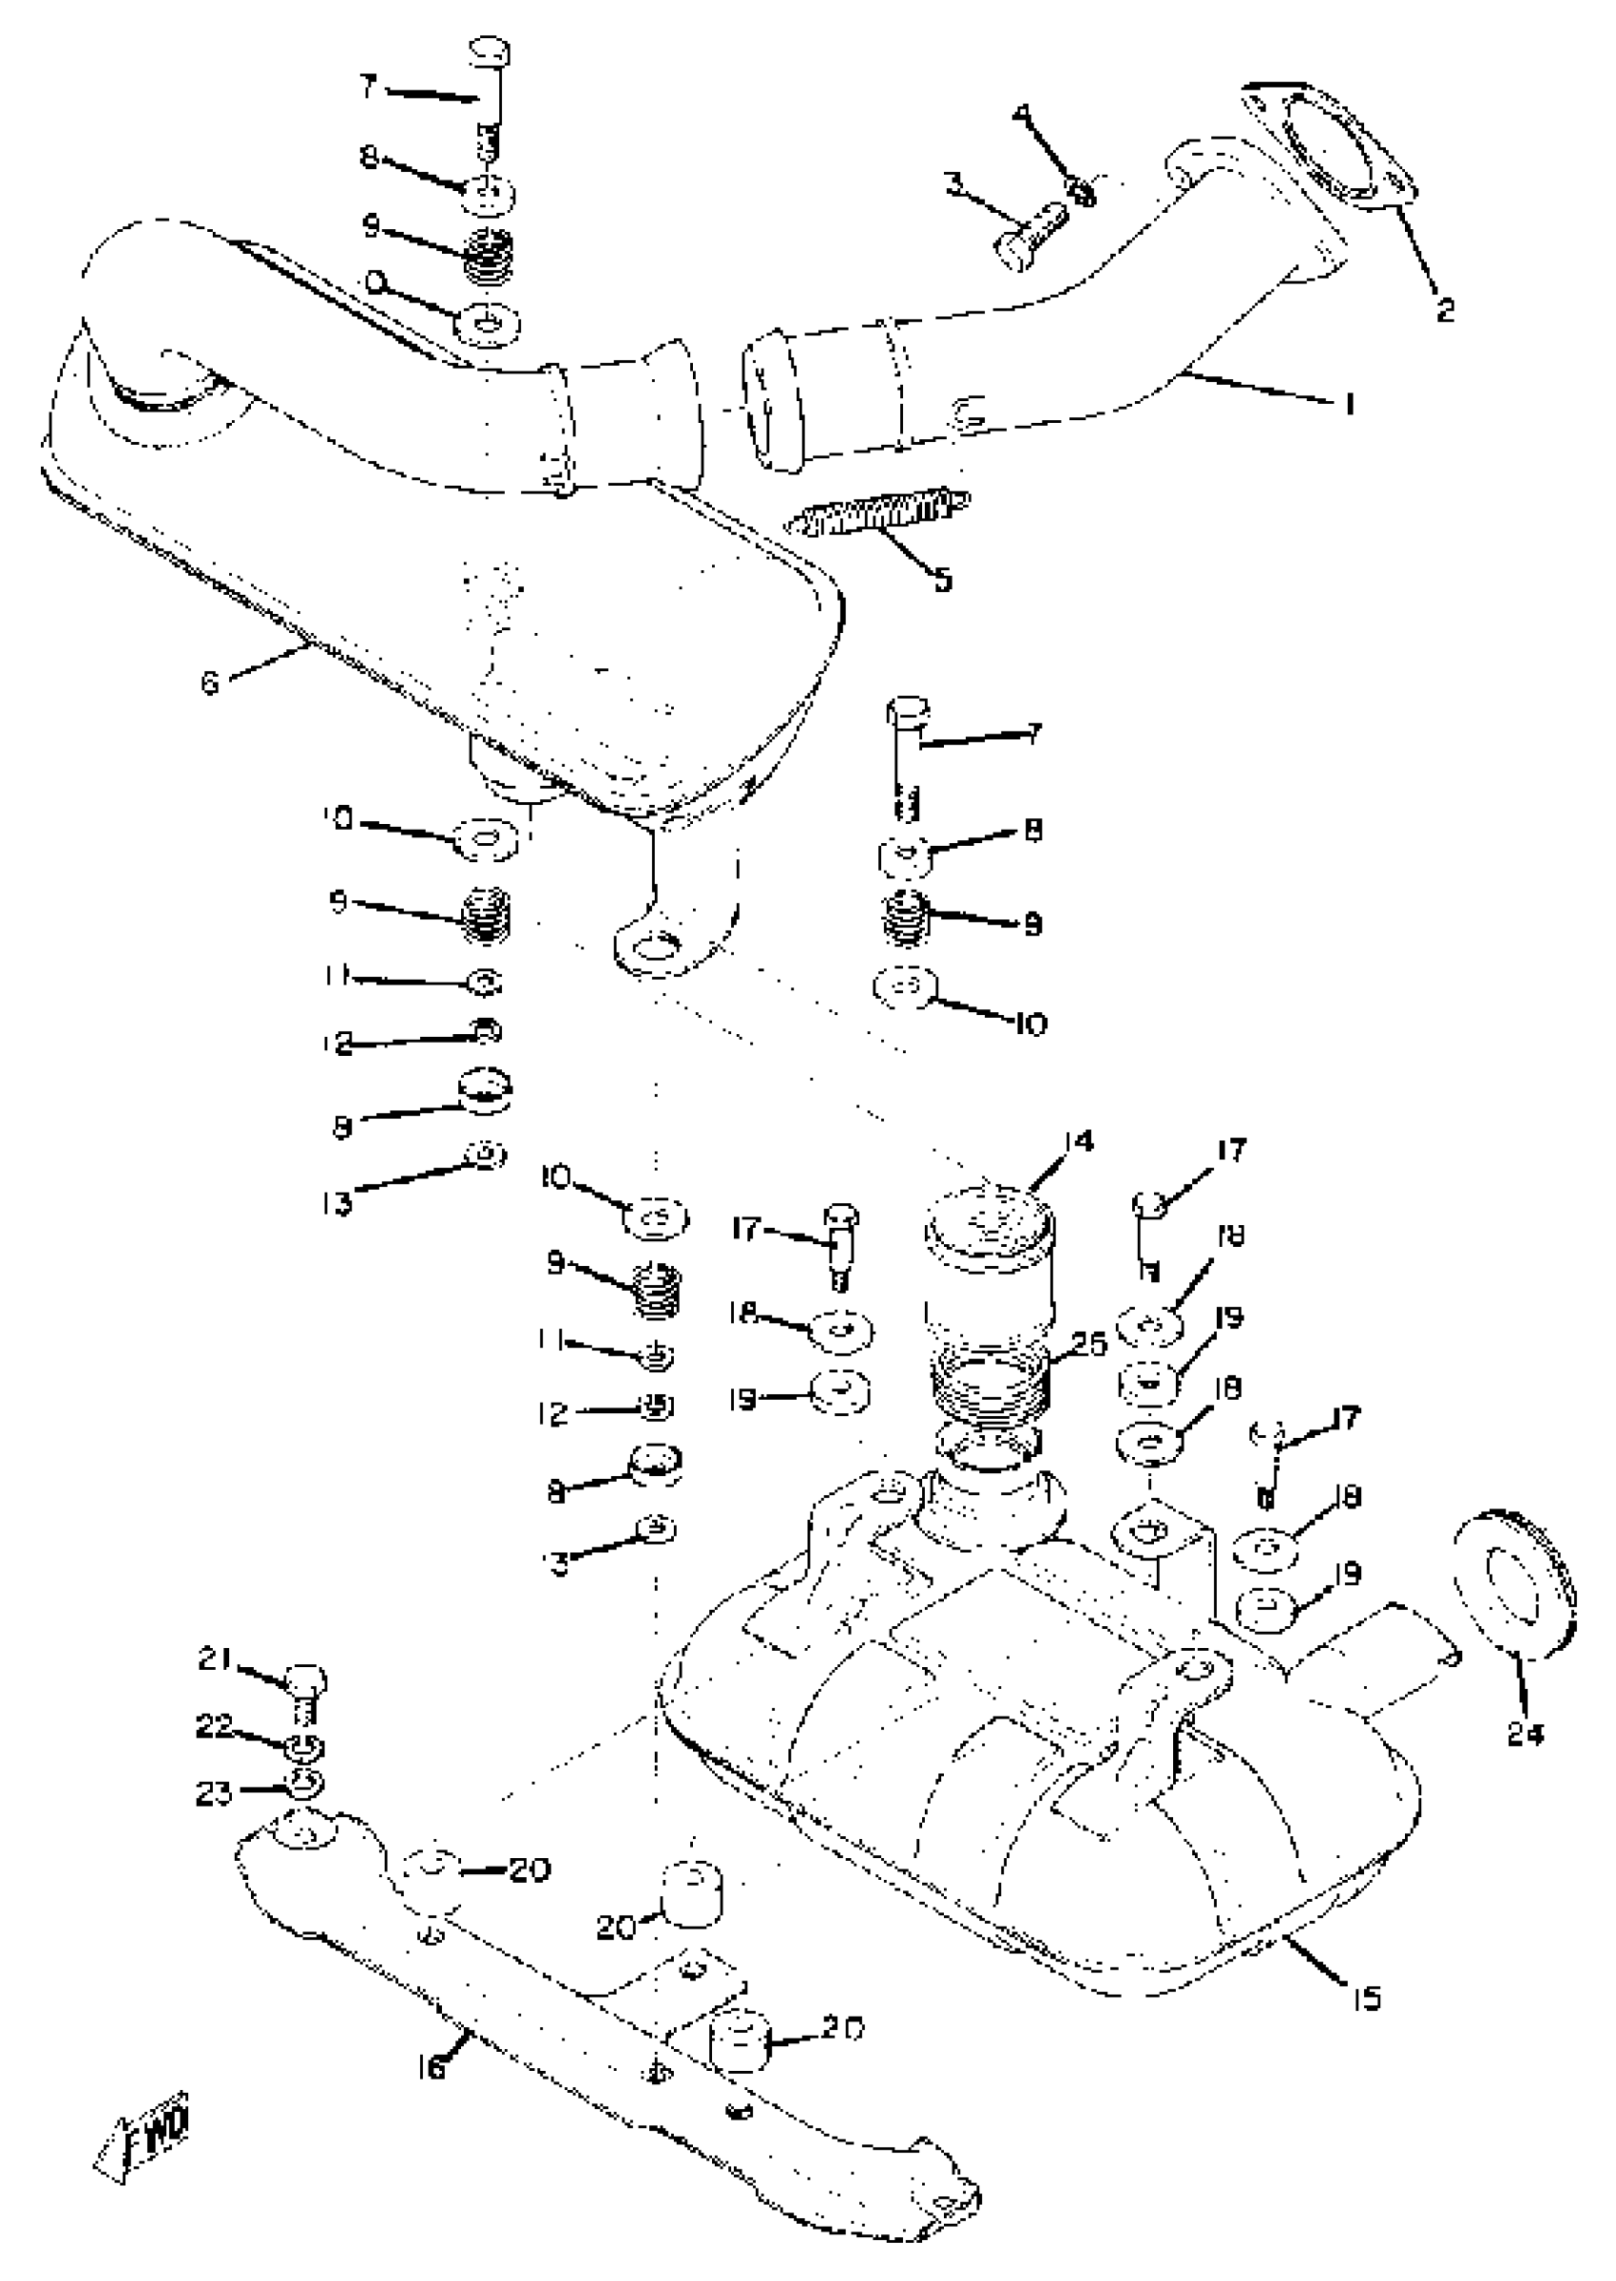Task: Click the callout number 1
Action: click(1349, 405)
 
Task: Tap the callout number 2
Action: click(1444, 311)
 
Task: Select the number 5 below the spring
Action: click(941, 578)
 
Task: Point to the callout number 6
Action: click(209, 683)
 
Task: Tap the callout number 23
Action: click(213, 1792)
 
